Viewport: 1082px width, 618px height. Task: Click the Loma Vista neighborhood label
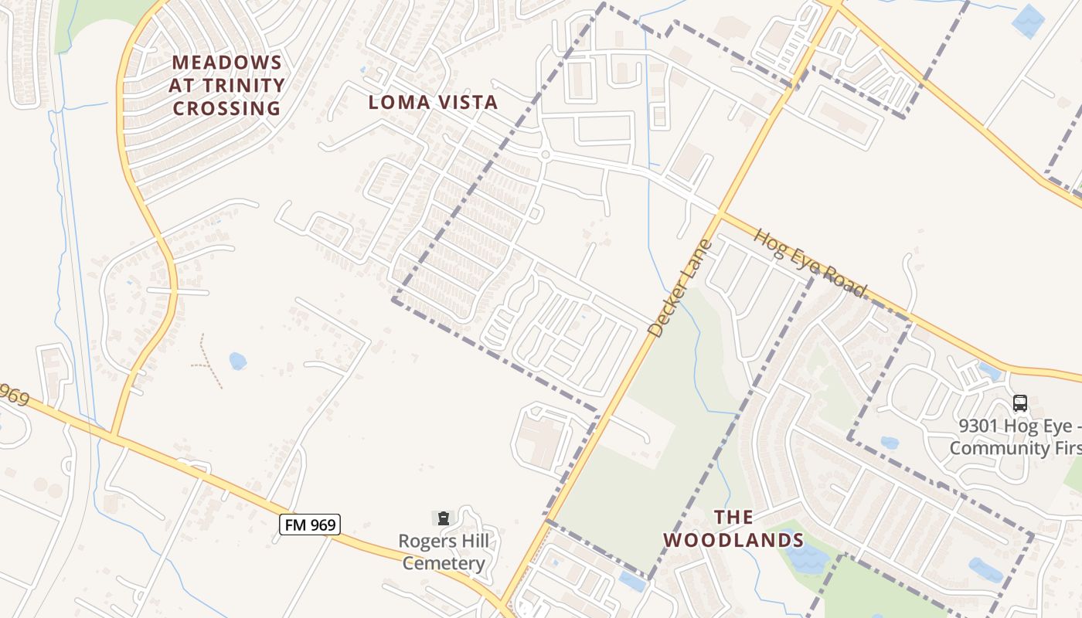coord(433,102)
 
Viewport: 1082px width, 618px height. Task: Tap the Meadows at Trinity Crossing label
coord(226,85)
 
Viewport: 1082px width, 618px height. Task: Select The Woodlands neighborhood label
coord(733,528)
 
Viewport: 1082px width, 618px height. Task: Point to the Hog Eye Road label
coord(810,263)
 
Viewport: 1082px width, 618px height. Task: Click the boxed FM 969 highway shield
coord(309,525)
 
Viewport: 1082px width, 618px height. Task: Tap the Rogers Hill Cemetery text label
coord(444,552)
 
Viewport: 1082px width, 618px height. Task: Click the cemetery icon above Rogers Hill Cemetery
coord(443,517)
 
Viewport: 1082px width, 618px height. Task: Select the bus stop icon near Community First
coord(1020,402)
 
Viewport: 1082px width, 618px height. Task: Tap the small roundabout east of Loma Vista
coord(545,154)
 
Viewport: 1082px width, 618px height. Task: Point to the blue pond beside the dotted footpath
coord(237,361)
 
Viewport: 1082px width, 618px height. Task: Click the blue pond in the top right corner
coord(1029,21)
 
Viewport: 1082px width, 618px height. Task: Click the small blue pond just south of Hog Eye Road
coord(988,372)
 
